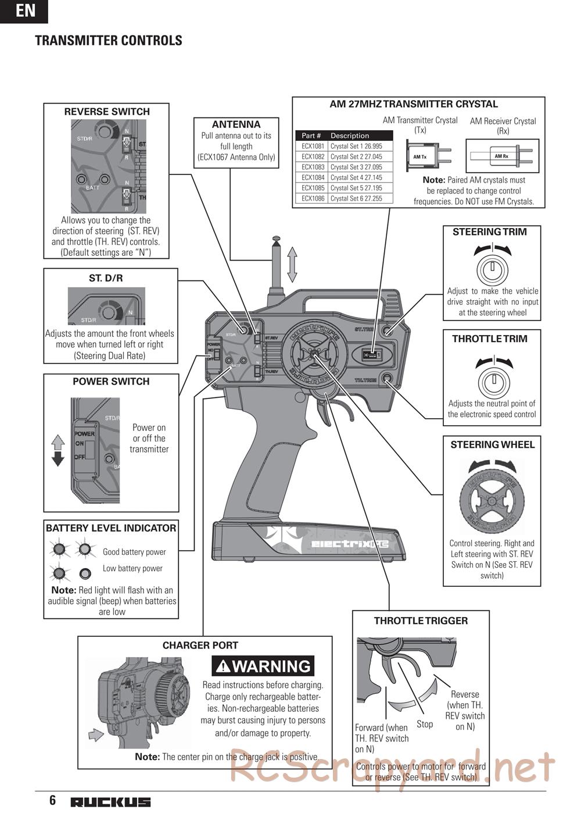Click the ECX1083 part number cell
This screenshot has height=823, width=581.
[313, 167]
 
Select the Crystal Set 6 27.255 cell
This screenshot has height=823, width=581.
[356, 198]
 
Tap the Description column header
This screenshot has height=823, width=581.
[350, 136]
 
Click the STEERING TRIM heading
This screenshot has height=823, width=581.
[489, 231]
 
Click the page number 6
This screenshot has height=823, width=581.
[52, 800]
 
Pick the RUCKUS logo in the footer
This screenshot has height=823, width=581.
[110, 803]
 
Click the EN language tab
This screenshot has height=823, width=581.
[24, 10]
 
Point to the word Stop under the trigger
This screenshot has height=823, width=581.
[425, 724]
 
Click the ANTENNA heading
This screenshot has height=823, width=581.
[236, 124]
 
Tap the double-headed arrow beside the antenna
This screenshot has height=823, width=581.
[292, 265]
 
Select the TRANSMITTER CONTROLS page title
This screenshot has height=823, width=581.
[109, 40]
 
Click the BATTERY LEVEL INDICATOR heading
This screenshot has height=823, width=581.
[111, 528]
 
